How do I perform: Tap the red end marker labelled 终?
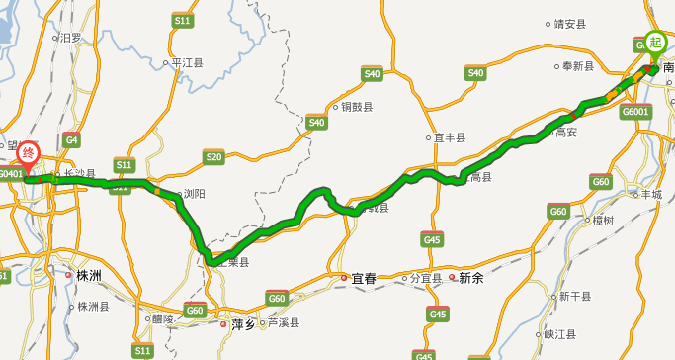[x=30, y=153]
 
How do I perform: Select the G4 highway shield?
[x=71, y=140]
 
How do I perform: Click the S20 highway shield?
[x=213, y=156]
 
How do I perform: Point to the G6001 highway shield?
[x=635, y=112]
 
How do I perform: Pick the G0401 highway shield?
[x=10, y=174]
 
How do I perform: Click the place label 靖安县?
[x=570, y=23]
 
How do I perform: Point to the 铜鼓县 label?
[x=357, y=107]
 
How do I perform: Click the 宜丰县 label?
[x=450, y=137]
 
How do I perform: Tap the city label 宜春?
[x=364, y=279]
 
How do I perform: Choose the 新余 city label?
[x=471, y=279]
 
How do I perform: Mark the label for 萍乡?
[x=243, y=322]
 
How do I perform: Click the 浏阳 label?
[x=194, y=195]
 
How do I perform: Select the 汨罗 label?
[x=70, y=38]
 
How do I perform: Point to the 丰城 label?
[x=651, y=195]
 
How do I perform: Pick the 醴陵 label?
[x=162, y=318]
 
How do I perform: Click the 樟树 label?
[x=603, y=220]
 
